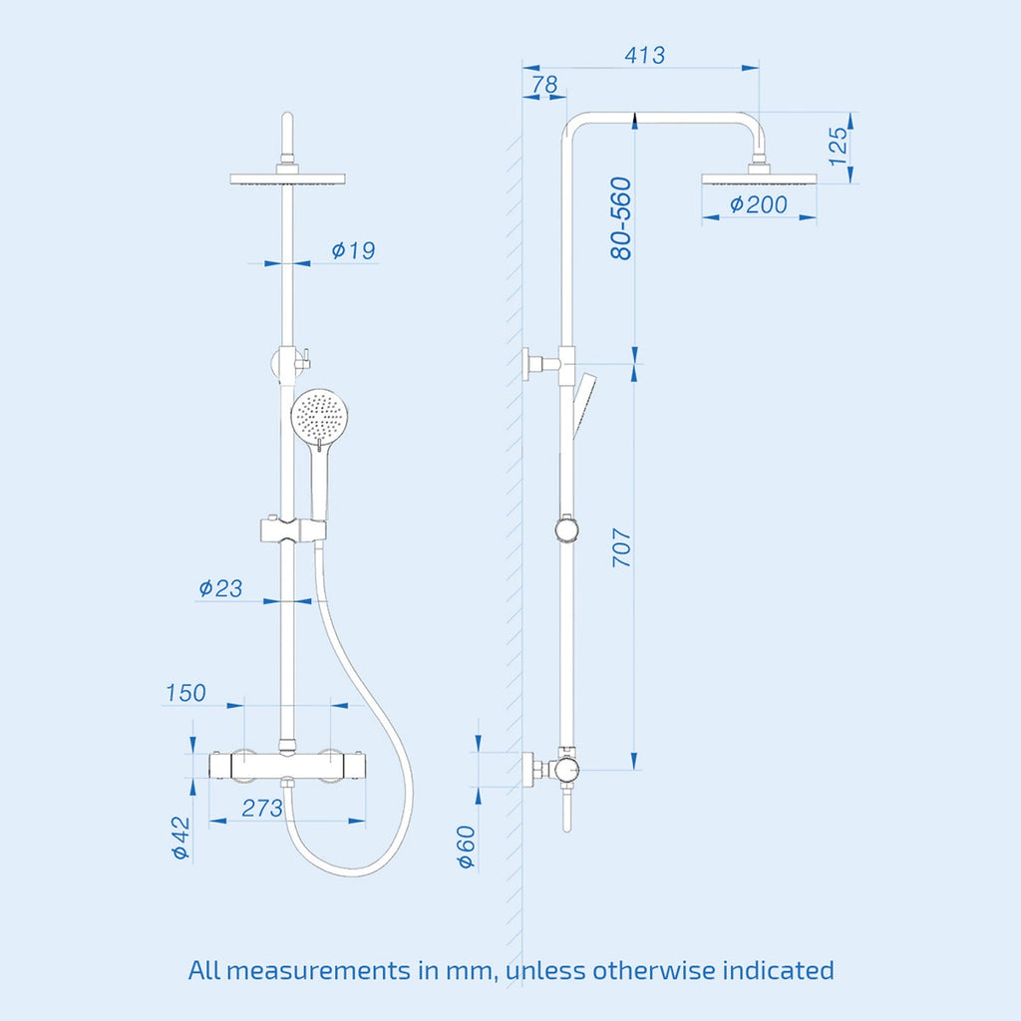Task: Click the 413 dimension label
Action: click(645, 55)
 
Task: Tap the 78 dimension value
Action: click(544, 85)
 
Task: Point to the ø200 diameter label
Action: click(759, 204)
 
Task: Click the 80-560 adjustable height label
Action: click(621, 218)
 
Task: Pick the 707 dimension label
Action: click(622, 547)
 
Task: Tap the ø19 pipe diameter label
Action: click(353, 250)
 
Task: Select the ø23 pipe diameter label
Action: click(220, 588)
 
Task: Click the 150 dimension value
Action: click(185, 693)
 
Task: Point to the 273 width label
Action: click(262, 808)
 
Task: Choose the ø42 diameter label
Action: click(180, 838)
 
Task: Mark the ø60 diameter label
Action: click(467, 848)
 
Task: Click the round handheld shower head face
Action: click(319, 415)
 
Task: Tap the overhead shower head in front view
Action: click(287, 178)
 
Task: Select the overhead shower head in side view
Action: click(759, 179)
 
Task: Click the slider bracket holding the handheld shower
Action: click(293, 530)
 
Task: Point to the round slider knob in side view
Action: click(567, 529)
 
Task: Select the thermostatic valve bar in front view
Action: click(287, 765)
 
